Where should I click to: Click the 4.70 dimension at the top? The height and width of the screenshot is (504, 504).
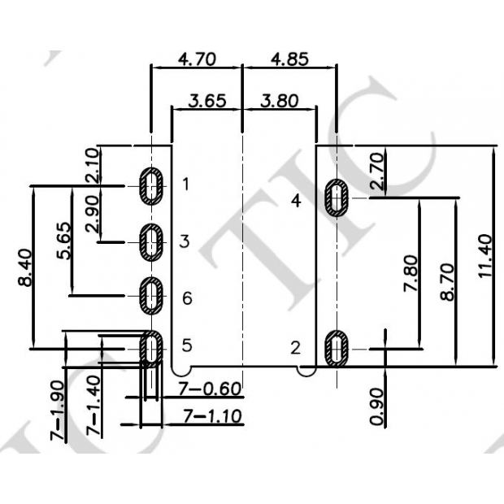197,59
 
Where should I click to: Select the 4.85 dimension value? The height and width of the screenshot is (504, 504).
290,59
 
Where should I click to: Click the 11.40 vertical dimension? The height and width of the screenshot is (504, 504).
485,256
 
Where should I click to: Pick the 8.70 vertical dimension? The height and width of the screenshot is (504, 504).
446,280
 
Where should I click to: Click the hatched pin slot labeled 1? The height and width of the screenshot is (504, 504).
151,185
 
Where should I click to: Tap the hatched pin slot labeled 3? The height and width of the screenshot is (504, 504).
151,241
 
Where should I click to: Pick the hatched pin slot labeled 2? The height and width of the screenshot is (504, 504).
337,348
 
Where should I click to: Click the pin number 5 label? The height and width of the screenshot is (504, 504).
186,345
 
